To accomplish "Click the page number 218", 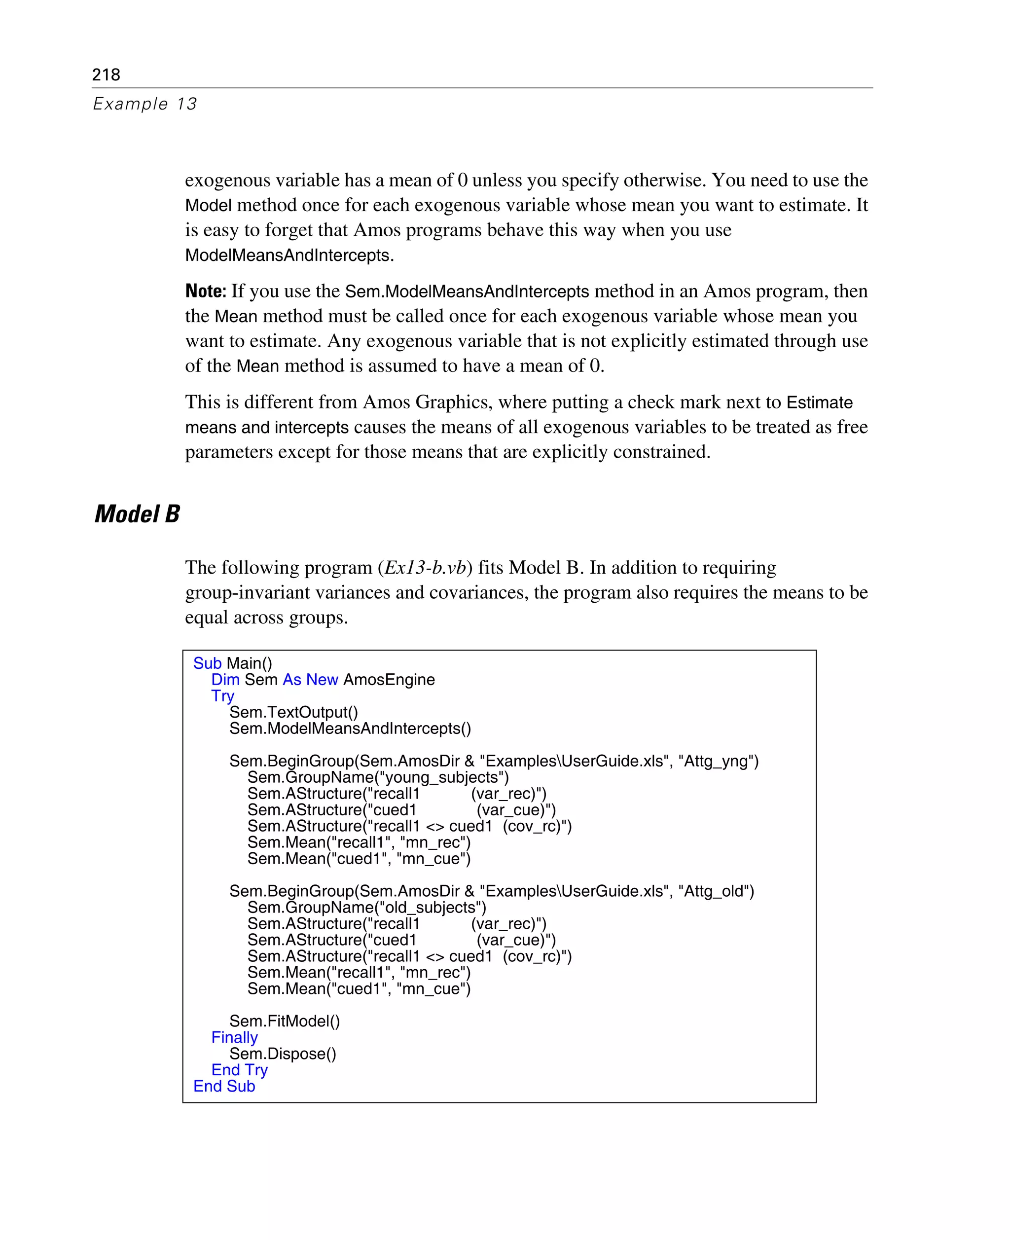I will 106,74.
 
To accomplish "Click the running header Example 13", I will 145,104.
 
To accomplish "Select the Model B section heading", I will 137,514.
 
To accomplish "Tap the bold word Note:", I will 205,291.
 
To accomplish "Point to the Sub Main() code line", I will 233,663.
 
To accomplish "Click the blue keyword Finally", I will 234,1037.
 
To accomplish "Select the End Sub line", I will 224,1087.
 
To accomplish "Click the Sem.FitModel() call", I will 285,1021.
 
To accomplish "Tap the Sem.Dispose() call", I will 283,1054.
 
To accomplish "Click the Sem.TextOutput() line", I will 293,712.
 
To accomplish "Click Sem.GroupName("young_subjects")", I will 378,777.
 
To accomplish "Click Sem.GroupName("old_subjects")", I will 366,908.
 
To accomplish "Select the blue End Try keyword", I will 239,1070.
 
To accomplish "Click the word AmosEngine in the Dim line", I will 389,680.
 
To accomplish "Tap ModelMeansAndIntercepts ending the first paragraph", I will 289,255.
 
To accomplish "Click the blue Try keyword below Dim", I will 222,696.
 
